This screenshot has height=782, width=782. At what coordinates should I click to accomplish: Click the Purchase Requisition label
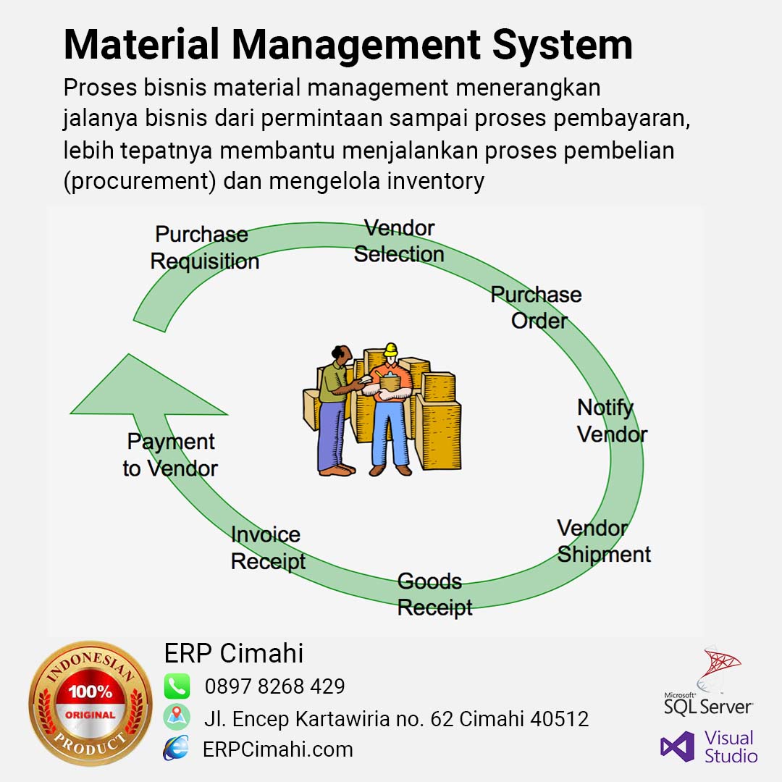205,248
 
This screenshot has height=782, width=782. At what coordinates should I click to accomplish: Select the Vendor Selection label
399,241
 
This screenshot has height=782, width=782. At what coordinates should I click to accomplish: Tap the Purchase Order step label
536,307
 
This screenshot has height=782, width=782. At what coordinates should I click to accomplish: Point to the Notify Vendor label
612,421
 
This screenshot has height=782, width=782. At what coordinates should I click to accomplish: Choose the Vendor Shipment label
604,541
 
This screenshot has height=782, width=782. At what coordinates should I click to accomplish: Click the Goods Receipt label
435,594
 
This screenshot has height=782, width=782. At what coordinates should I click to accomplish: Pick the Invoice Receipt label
268,548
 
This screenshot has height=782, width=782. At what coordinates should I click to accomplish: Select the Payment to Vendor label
170,455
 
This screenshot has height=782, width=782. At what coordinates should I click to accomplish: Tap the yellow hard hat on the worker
390,349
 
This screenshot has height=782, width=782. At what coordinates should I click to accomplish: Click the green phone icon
177,686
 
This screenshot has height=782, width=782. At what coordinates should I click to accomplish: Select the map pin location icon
177,717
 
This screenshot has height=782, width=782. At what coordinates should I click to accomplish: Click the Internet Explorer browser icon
176,747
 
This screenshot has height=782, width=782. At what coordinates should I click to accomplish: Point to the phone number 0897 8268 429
275,686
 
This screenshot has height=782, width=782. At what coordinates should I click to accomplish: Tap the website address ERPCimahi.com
278,749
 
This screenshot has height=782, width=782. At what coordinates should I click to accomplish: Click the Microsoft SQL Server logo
708,681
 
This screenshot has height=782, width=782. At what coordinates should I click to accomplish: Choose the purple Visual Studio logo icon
677,747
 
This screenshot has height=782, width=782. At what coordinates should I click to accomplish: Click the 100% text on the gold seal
91,691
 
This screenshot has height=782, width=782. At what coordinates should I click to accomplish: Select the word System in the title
563,45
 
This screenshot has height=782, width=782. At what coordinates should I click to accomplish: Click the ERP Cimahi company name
234,653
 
